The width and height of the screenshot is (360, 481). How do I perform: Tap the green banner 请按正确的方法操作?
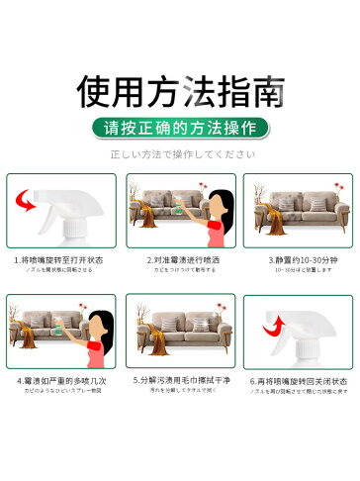pos(179,127)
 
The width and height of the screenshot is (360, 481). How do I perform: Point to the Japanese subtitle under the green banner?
pos(179,153)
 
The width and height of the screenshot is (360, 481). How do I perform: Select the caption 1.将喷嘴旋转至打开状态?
pos(61,260)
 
